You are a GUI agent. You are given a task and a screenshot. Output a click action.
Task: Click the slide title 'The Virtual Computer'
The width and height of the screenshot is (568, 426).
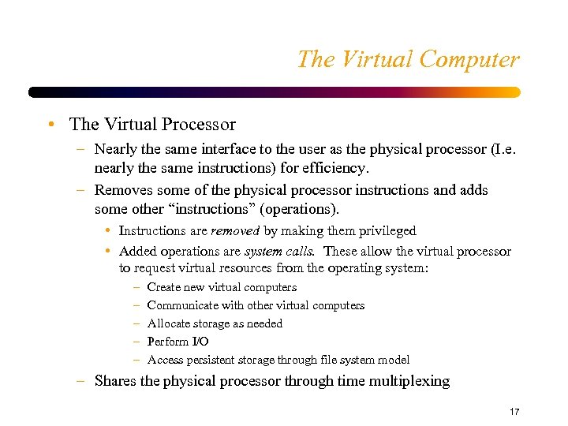[x=408, y=60]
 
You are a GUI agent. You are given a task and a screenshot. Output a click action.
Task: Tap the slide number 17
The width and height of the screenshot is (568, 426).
[x=514, y=412]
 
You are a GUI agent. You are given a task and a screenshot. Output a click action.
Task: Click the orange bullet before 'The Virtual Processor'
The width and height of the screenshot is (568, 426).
[x=50, y=125]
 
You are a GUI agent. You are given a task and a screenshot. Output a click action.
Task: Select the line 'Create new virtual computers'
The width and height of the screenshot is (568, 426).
[x=222, y=287]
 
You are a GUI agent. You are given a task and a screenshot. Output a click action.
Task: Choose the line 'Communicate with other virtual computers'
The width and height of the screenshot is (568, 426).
[x=256, y=305]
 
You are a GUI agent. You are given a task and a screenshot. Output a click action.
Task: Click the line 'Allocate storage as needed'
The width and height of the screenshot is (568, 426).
[x=215, y=323]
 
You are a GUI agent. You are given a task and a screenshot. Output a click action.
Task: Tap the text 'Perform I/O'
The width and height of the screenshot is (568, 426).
[x=177, y=342]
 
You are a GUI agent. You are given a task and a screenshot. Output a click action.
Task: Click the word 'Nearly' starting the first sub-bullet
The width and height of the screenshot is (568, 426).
[x=115, y=148]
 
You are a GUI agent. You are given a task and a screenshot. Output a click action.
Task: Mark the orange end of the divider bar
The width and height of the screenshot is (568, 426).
[x=512, y=92]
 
